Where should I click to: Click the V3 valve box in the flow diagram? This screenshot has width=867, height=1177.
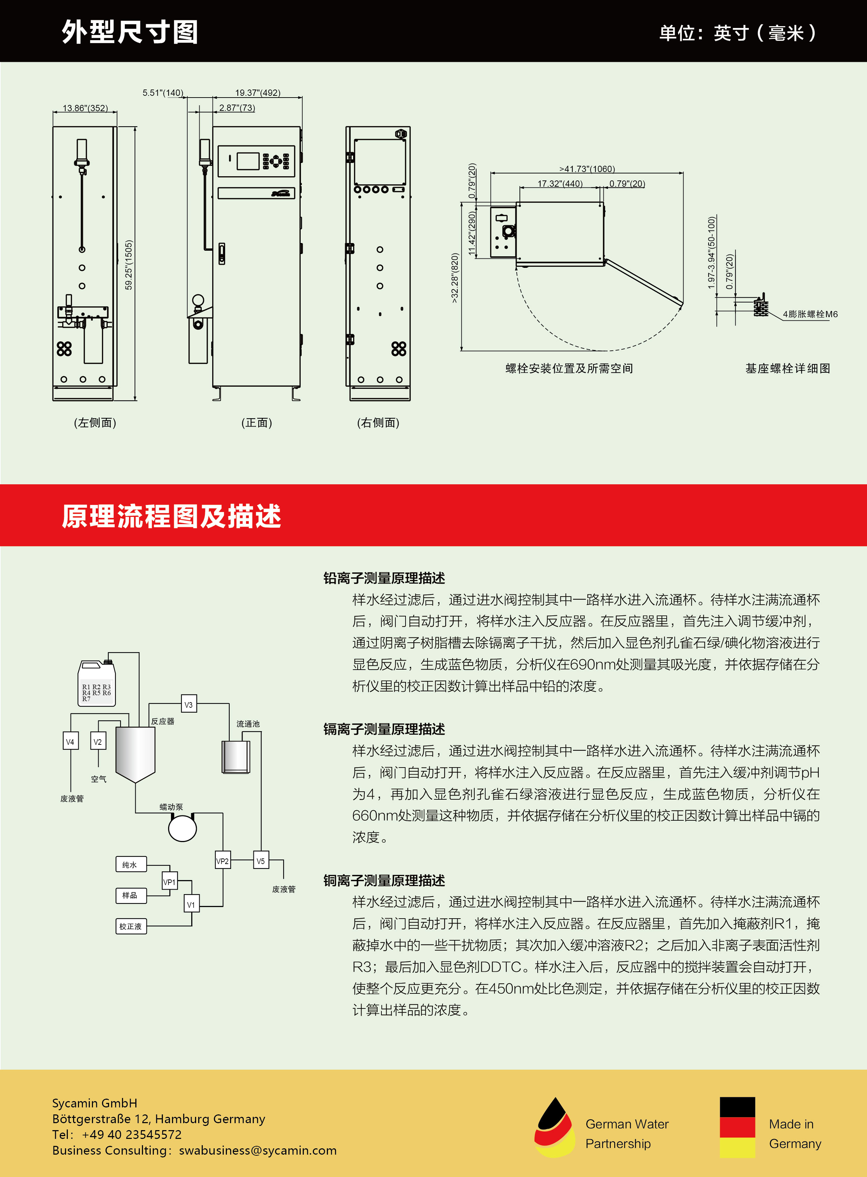coord(189,704)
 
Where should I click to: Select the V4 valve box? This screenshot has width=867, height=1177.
coord(70,741)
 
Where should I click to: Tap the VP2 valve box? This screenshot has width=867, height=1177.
coord(223,861)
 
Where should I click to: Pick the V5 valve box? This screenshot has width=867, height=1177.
coord(261,861)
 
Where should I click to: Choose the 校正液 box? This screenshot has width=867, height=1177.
coord(131,926)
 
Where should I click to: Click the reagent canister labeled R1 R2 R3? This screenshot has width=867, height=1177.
coord(96,684)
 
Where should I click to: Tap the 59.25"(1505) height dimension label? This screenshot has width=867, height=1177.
coord(129,265)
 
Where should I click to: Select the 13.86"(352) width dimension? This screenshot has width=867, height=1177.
coord(85,108)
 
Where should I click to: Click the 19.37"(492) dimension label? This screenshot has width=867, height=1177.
coord(258,93)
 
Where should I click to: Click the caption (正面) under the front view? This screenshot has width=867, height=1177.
coord(257,423)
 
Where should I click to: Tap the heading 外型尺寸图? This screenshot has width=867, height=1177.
coord(130,31)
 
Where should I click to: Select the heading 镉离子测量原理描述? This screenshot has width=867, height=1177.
coord(384,729)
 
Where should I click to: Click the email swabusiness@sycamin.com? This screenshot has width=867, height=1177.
coord(258,1150)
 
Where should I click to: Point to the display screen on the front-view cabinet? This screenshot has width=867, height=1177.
coord(248,160)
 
